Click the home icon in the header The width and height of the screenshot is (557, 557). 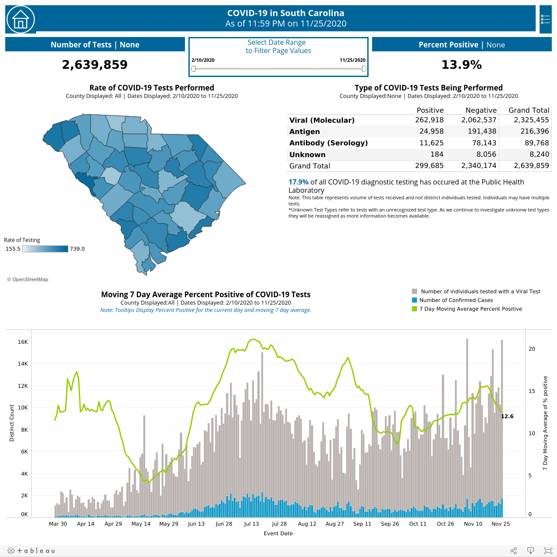[x=20, y=20]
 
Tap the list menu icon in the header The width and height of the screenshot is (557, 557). [x=545, y=20]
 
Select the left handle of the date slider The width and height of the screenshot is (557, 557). [x=193, y=68]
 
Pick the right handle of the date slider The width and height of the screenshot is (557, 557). [x=364, y=68]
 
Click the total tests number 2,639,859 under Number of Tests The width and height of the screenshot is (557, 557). [x=94, y=64]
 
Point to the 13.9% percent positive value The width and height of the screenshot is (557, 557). [x=462, y=64]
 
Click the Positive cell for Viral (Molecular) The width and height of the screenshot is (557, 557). [x=429, y=120]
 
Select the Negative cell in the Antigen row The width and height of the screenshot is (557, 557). [x=482, y=131]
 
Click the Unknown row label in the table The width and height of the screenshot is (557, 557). [x=307, y=154]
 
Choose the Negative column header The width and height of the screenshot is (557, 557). [x=481, y=110]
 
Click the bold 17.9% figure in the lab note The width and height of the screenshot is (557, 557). [x=299, y=182]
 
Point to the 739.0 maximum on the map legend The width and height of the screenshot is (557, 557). [x=77, y=248]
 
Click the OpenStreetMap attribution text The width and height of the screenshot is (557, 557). [x=28, y=279]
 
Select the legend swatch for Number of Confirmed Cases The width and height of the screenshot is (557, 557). [x=414, y=300]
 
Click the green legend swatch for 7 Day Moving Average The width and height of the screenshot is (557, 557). [x=414, y=309]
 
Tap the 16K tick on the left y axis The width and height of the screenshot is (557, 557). [x=23, y=342]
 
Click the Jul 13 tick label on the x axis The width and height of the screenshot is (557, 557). [x=251, y=523]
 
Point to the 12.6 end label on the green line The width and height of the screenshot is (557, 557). [x=507, y=416]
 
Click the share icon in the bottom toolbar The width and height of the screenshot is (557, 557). [x=513, y=550]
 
